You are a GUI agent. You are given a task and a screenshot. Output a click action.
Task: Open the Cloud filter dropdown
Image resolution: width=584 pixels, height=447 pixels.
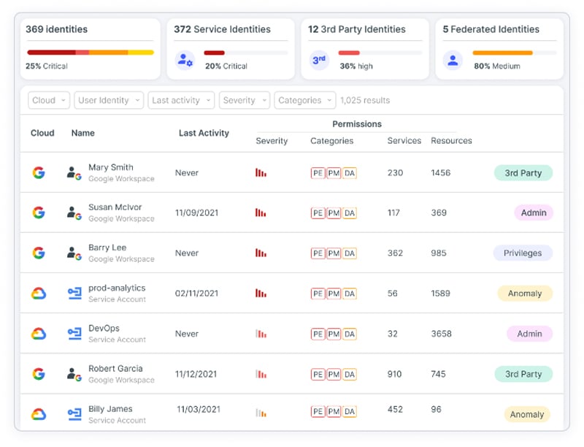click(49, 101)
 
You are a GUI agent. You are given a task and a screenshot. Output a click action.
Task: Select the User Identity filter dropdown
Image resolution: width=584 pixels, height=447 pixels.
click(108, 101)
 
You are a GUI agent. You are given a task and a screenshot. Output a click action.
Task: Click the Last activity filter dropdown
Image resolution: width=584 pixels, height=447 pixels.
click(181, 101)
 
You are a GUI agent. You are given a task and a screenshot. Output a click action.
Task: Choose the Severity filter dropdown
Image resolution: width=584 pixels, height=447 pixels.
click(244, 101)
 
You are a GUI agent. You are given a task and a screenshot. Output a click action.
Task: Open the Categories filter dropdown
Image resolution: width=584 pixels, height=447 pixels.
click(304, 101)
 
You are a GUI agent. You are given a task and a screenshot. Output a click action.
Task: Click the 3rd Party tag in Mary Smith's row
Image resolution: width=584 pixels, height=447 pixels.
click(523, 173)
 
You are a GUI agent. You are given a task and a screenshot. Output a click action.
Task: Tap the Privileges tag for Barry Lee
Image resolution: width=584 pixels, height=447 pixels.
click(523, 253)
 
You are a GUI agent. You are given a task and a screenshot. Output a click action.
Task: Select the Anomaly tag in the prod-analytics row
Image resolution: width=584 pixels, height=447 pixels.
click(525, 294)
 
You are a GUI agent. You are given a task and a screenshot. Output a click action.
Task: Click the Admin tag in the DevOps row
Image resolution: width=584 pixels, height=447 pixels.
click(529, 334)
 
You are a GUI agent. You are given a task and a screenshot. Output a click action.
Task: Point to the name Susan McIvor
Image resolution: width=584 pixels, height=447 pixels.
click(115, 207)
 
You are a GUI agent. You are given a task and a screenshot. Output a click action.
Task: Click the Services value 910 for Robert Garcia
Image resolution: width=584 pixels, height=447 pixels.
click(394, 374)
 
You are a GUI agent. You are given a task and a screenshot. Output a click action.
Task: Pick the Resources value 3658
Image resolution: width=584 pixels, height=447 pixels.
click(441, 334)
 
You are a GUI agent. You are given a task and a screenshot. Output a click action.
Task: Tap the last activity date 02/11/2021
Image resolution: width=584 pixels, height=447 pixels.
click(196, 294)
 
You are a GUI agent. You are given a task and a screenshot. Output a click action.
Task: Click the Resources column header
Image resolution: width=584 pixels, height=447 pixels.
click(451, 141)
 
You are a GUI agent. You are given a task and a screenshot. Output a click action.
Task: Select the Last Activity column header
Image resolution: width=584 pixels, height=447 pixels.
click(204, 133)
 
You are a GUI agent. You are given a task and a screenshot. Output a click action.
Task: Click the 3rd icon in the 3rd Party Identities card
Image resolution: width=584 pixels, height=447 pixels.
click(319, 60)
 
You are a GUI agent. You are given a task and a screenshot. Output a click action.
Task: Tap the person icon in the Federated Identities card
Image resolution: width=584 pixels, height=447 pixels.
click(453, 60)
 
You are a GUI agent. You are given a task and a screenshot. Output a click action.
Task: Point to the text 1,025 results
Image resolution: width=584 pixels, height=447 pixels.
click(365, 101)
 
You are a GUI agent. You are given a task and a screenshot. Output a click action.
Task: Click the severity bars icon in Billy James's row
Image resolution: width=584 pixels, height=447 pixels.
click(261, 413)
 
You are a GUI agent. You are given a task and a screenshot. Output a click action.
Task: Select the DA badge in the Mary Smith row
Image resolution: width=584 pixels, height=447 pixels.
click(350, 173)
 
